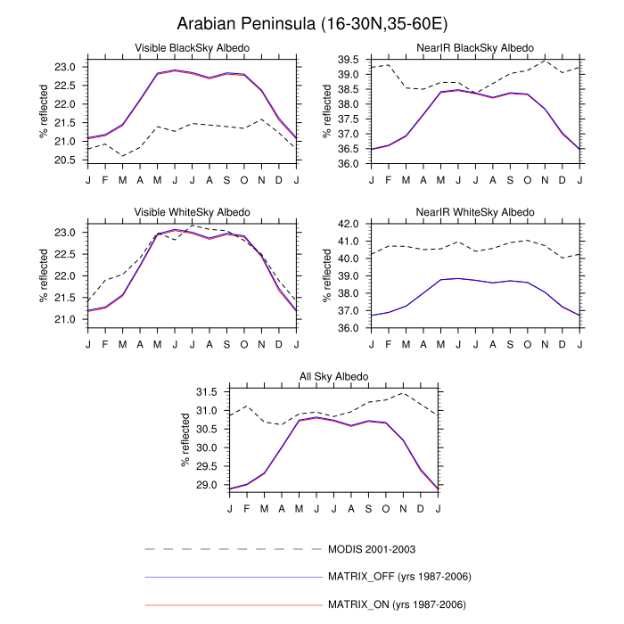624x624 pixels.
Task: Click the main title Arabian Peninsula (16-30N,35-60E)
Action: point(311,23)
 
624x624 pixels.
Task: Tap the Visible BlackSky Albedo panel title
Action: point(192,47)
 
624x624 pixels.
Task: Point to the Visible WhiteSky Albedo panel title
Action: point(192,212)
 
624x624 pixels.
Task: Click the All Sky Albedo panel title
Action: point(333,377)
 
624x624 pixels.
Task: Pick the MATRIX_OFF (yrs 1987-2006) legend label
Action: point(399,577)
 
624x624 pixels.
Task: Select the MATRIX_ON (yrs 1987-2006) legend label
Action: point(398,604)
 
